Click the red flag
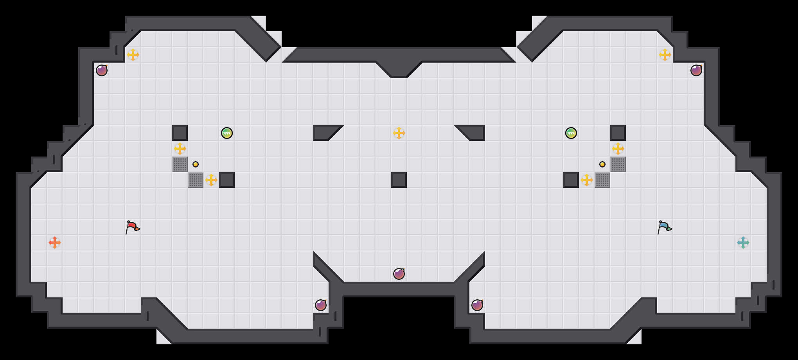132,227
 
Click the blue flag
664,227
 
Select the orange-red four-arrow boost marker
55,243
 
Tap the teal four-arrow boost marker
743,243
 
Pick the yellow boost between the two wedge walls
399,133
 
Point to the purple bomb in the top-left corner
102,70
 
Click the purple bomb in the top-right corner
696,70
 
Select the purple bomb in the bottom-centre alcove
399,274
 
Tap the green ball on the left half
227,133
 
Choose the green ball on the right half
571,133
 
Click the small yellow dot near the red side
196,164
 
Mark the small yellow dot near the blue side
602,164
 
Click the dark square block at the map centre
399,180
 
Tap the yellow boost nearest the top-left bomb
133,55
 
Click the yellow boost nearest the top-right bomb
665,55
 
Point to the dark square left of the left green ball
180,133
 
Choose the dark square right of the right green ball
618,133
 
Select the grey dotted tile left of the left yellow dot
180,164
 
